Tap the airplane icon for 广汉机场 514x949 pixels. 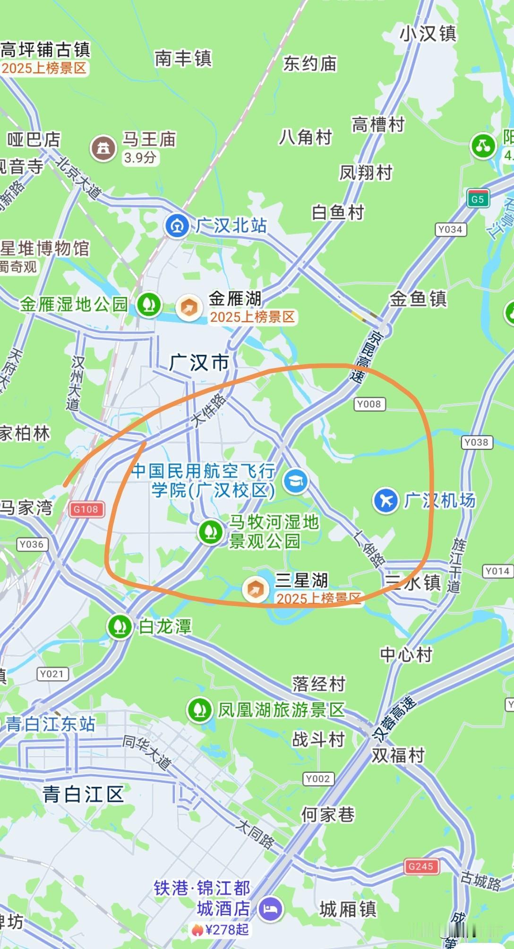pyautogui.click(x=386, y=500)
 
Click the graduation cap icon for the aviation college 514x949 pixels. pyautogui.click(x=296, y=481)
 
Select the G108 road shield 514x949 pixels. pyautogui.click(x=86, y=509)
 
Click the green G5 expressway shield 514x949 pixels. pyautogui.click(x=477, y=199)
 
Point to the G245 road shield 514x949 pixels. pyautogui.click(x=420, y=866)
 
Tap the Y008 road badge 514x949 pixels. pyautogui.click(x=369, y=404)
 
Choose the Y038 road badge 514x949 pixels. pyautogui.click(x=476, y=442)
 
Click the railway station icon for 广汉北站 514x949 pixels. pyautogui.click(x=177, y=226)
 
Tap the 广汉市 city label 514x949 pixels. pyautogui.click(x=199, y=363)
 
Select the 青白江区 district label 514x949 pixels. pyautogui.click(x=83, y=794)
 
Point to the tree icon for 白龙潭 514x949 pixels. pyautogui.click(x=120, y=626)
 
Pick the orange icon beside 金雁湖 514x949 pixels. pyautogui.click(x=189, y=308)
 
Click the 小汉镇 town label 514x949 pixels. pyautogui.click(x=428, y=34)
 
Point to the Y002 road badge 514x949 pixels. pyautogui.click(x=317, y=778)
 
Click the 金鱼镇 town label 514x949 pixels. pyautogui.click(x=418, y=299)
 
